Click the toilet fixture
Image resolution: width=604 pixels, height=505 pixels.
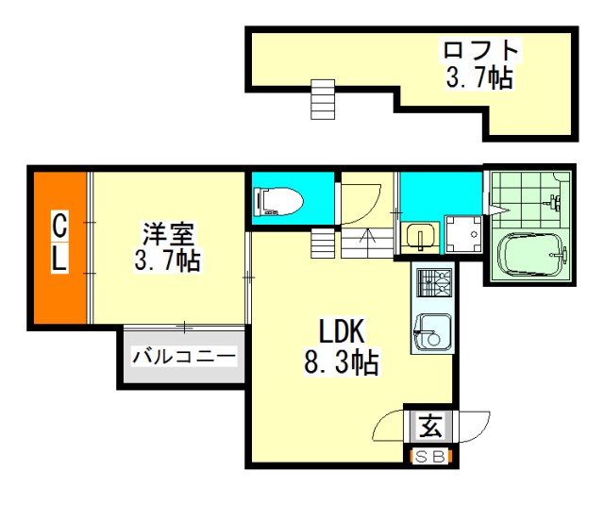click(x=279, y=201)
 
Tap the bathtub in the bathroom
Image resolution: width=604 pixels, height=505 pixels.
click(x=531, y=256)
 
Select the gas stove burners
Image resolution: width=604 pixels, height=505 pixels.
click(x=434, y=283)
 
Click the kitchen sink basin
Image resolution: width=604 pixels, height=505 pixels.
click(x=432, y=332)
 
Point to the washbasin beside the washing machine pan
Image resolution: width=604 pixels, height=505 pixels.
click(x=420, y=237)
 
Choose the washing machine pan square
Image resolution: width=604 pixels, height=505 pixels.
click(x=463, y=235)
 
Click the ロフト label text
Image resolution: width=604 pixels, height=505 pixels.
click(x=480, y=50)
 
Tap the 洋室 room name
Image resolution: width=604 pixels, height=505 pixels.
click(x=168, y=234)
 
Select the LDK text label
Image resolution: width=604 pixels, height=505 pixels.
click(x=342, y=331)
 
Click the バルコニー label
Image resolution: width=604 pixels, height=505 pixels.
click(x=183, y=357)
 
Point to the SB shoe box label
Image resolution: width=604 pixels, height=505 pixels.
click(x=431, y=457)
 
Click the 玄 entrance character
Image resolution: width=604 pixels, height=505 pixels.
click(x=430, y=426)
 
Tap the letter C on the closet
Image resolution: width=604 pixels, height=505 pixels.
click(x=59, y=227)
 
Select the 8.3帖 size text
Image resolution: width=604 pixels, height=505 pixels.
click(x=342, y=362)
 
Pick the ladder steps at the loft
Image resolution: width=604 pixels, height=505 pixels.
click(x=323, y=99)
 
